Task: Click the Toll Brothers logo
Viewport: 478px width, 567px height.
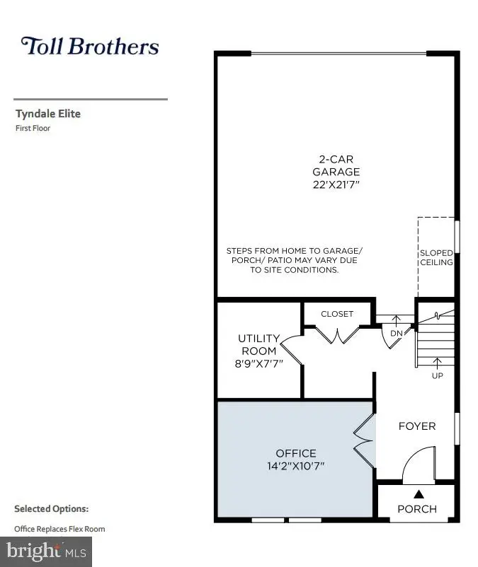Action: [90, 47]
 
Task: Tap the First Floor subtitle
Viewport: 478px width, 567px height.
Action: [33, 129]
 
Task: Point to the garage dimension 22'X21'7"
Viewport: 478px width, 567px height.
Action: [336, 185]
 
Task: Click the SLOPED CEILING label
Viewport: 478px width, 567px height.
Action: [436, 257]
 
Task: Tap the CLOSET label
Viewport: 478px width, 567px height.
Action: [337, 314]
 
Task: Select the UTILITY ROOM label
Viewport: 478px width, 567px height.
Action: [258, 344]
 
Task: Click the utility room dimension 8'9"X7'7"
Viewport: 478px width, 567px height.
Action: [258, 365]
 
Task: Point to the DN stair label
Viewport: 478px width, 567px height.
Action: [396, 333]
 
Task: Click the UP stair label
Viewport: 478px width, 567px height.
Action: [438, 375]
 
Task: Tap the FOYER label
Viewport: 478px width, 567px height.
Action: [417, 426]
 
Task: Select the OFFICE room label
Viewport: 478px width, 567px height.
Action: [296, 453]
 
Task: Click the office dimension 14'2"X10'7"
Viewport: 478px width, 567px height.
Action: [296, 467]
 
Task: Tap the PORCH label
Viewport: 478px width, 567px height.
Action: [417, 509]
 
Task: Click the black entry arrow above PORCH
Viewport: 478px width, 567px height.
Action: [418, 494]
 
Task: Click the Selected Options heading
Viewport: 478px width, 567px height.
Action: [51, 509]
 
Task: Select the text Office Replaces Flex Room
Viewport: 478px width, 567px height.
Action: [59, 529]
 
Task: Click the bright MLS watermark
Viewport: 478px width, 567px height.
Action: [46, 549]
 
